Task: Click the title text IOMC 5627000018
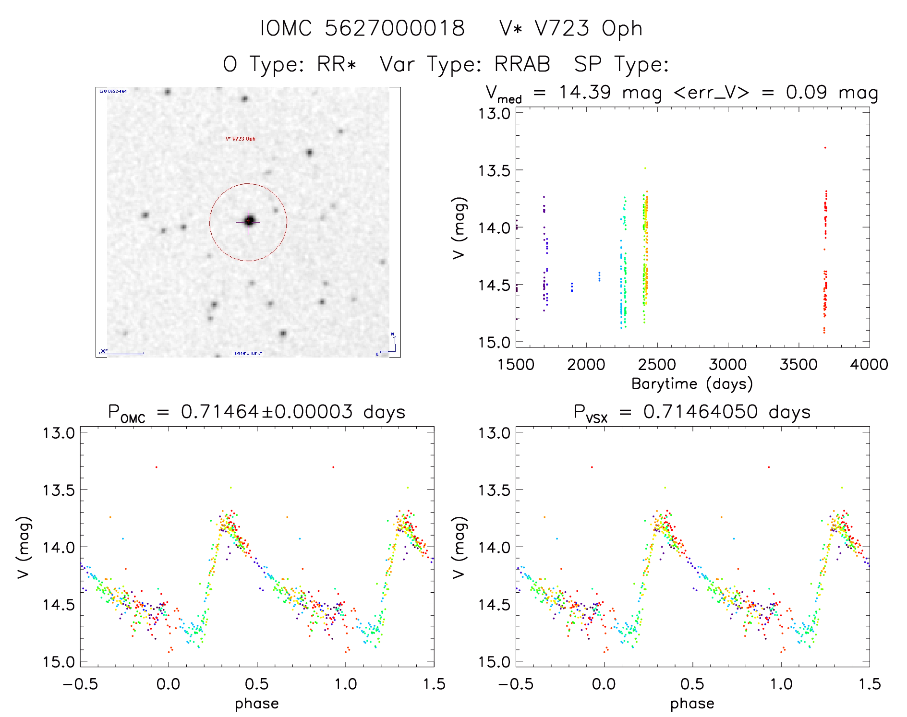[363, 28]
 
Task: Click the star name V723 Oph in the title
[588, 28]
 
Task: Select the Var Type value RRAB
[522, 64]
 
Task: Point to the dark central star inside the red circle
[249, 221]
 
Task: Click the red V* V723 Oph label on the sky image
[241, 139]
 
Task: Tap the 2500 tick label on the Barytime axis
[656, 365]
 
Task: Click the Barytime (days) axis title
[692, 384]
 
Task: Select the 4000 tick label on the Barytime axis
[869, 365]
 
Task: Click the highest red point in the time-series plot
[825, 148]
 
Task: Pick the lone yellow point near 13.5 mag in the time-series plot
[645, 168]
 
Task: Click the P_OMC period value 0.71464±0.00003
[266, 412]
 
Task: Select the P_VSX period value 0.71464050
[701, 412]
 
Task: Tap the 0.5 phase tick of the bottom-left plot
[257, 684]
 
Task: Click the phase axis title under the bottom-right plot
[692, 704]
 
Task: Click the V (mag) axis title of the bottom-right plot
[459, 547]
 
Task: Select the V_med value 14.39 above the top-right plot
[584, 92]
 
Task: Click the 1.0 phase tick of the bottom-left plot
[346, 684]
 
